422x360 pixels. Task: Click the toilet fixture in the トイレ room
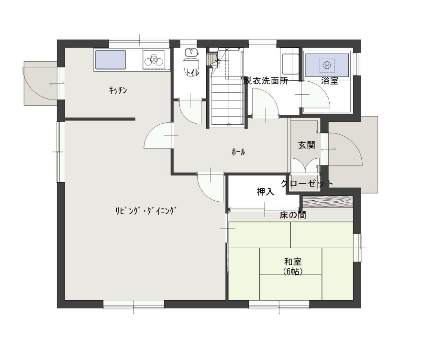tap(191, 62)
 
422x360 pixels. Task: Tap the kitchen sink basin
tap(111, 59)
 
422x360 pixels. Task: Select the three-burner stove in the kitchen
tap(154, 59)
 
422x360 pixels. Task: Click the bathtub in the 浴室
tap(326, 65)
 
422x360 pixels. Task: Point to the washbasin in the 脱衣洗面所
tap(290, 64)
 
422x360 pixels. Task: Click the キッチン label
tap(118, 90)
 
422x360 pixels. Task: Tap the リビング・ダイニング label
tap(146, 210)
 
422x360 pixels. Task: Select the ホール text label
tap(238, 152)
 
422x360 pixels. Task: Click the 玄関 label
tap(307, 145)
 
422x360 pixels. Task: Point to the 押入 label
tap(266, 192)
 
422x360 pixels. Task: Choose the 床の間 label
tap(293, 215)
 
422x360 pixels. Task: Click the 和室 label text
tap(293, 262)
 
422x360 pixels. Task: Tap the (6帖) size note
tap(293, 272)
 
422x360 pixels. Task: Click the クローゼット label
tap(307, 184)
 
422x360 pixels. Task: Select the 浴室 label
tap(330, 80)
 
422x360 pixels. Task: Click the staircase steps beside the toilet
tap(227, 100)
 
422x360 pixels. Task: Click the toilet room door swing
tap(190, 111)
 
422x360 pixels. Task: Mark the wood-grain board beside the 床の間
tap(328, 202)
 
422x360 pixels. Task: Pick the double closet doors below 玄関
tap(305, 165)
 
